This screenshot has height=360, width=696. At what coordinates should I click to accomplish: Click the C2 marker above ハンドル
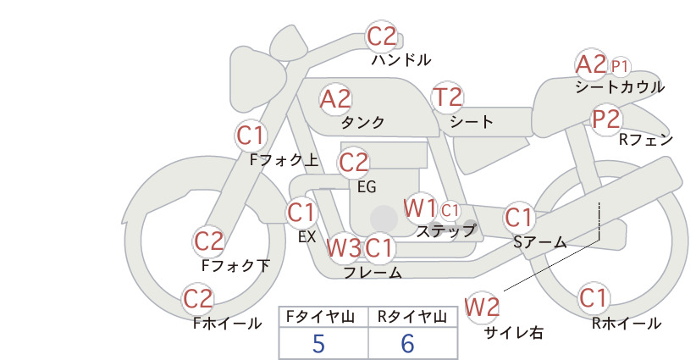tap(381, 36)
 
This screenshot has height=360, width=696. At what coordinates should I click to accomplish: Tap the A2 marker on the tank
tap(335, 99)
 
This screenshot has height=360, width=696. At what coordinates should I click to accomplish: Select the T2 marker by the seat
tap(447, 97)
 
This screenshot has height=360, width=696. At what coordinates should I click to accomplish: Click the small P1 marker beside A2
tap(620, 67)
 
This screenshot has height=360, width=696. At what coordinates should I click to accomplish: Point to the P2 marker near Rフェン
tap(606, 119)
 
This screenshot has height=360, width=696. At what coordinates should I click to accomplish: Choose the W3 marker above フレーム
tap(344, 247)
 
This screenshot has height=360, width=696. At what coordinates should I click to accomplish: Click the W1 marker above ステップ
tap(420, 208)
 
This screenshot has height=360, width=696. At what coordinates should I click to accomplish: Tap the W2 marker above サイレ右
tap(483, 307)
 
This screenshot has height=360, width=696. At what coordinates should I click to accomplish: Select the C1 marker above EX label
tap(301, 213)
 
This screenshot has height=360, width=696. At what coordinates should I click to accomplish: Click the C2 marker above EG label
tap(354, 163)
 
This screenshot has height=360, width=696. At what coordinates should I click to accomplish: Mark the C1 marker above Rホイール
tap(594, 298)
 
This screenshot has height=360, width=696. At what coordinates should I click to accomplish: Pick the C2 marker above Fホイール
tap(198, 299)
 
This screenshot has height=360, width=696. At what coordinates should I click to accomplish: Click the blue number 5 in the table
tap(318, 344)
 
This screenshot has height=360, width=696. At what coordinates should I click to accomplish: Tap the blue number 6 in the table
tap(408, 344)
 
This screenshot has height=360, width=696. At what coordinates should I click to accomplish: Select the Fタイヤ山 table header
tap(320, 317)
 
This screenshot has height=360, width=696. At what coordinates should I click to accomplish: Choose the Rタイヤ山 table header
tap(412, 317)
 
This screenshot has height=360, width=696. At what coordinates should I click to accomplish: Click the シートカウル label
tap(620, 87)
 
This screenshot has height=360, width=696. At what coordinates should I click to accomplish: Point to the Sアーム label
tap(540, 242)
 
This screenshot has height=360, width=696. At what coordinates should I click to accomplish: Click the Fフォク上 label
tap(284, 160)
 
